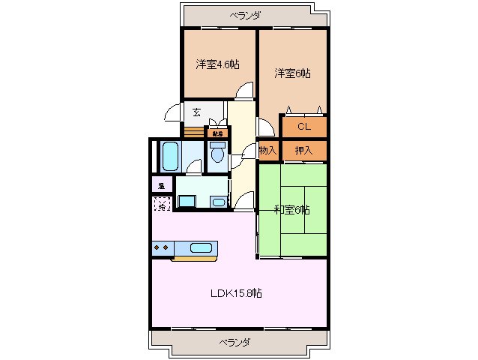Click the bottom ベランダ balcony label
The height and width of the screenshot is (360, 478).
pos(235,342)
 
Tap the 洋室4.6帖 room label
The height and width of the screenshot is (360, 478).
pos(218,64)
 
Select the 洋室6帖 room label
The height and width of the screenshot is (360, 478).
pos(292,73)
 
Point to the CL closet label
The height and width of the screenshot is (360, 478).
pos(303,126)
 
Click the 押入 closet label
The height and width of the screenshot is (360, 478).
pos(303,150)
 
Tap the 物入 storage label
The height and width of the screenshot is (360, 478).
pos(268,150)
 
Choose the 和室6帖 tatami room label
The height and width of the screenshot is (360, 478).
pos(291,209)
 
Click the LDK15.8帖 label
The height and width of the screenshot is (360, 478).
pos(235,293)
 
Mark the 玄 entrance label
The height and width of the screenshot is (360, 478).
pos(196,112)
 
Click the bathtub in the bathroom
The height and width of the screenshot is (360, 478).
pos(170,156)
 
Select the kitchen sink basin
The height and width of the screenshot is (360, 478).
pos(202,248)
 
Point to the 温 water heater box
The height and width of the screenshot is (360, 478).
pos(162,184)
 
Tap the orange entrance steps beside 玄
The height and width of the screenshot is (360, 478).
pos(194,132)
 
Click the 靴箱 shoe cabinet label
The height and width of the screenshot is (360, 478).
pos(217,133)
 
